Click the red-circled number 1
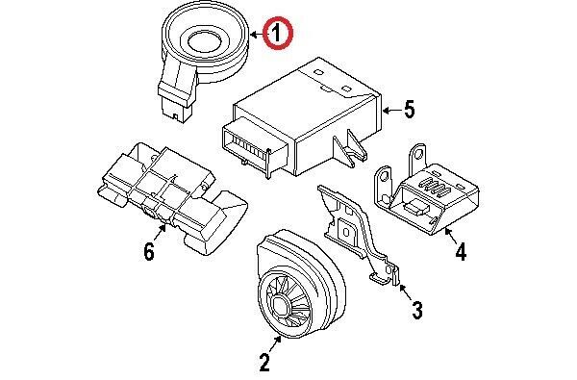pyautogui.click(x=277, y=34)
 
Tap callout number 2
pyautogui.click(x=264, y=362)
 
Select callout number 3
pyautogui.click(x=417, y=310)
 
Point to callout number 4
pyautogui.click(x=461, y=252)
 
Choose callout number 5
pyautogui.click(x=410, y=110)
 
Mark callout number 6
pyautogui.click(x=149, y=252)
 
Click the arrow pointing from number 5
pyautogui.click(x=391, y=110)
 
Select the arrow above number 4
pyautogui.click(x=450, y=236)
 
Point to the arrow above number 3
pyautogui.click(x=406, y=292)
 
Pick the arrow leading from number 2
pyautogui.click(x=274, y=343)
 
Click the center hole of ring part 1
pyautogui.click(x=204, y=40)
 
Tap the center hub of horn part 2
pyautogui.click(x=281, y=305)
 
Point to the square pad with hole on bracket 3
pyautogui.click(x=346, y=231)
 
